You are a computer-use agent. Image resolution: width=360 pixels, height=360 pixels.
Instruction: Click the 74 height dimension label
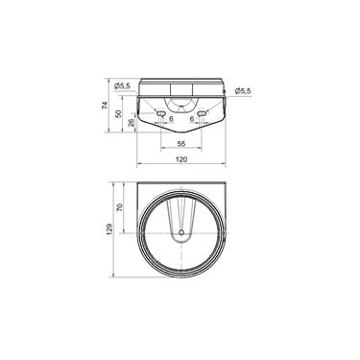[105, 105]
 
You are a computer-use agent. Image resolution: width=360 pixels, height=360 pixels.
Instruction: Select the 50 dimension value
[119, 113]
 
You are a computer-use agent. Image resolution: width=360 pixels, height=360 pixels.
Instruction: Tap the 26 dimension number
[132, 123]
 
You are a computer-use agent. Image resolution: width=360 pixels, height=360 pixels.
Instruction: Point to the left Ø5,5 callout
[122, 85]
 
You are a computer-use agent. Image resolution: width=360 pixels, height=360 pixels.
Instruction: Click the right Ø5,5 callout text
[243, 91]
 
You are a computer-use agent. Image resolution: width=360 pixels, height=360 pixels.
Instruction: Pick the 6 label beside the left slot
[171, 119]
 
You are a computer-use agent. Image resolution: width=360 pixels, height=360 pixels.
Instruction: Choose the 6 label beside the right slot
[192, 119]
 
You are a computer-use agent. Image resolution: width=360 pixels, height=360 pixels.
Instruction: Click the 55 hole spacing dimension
[181, 144]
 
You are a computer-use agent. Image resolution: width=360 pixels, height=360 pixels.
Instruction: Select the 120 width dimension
[181, 159]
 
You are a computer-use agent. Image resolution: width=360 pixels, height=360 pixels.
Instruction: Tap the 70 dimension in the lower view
[120, 207]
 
